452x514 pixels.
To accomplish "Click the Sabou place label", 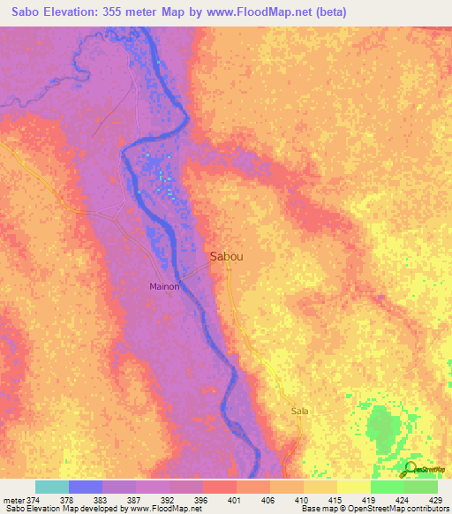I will [227, 257].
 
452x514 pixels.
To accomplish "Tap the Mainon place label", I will [164, 287].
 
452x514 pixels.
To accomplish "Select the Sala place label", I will [299, 412].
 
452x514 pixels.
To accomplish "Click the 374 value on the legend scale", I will [33, 501].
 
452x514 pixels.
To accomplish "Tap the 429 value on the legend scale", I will [436, 501].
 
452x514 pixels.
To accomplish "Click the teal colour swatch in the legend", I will [52, 487].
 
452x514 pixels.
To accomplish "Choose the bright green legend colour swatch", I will [388, 487].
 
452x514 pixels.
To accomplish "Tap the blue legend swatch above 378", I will [86, 487].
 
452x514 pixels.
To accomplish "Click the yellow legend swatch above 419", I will [354, 487].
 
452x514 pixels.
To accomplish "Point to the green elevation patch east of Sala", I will [383, 427].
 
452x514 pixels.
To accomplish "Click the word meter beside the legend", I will [12, 501].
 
